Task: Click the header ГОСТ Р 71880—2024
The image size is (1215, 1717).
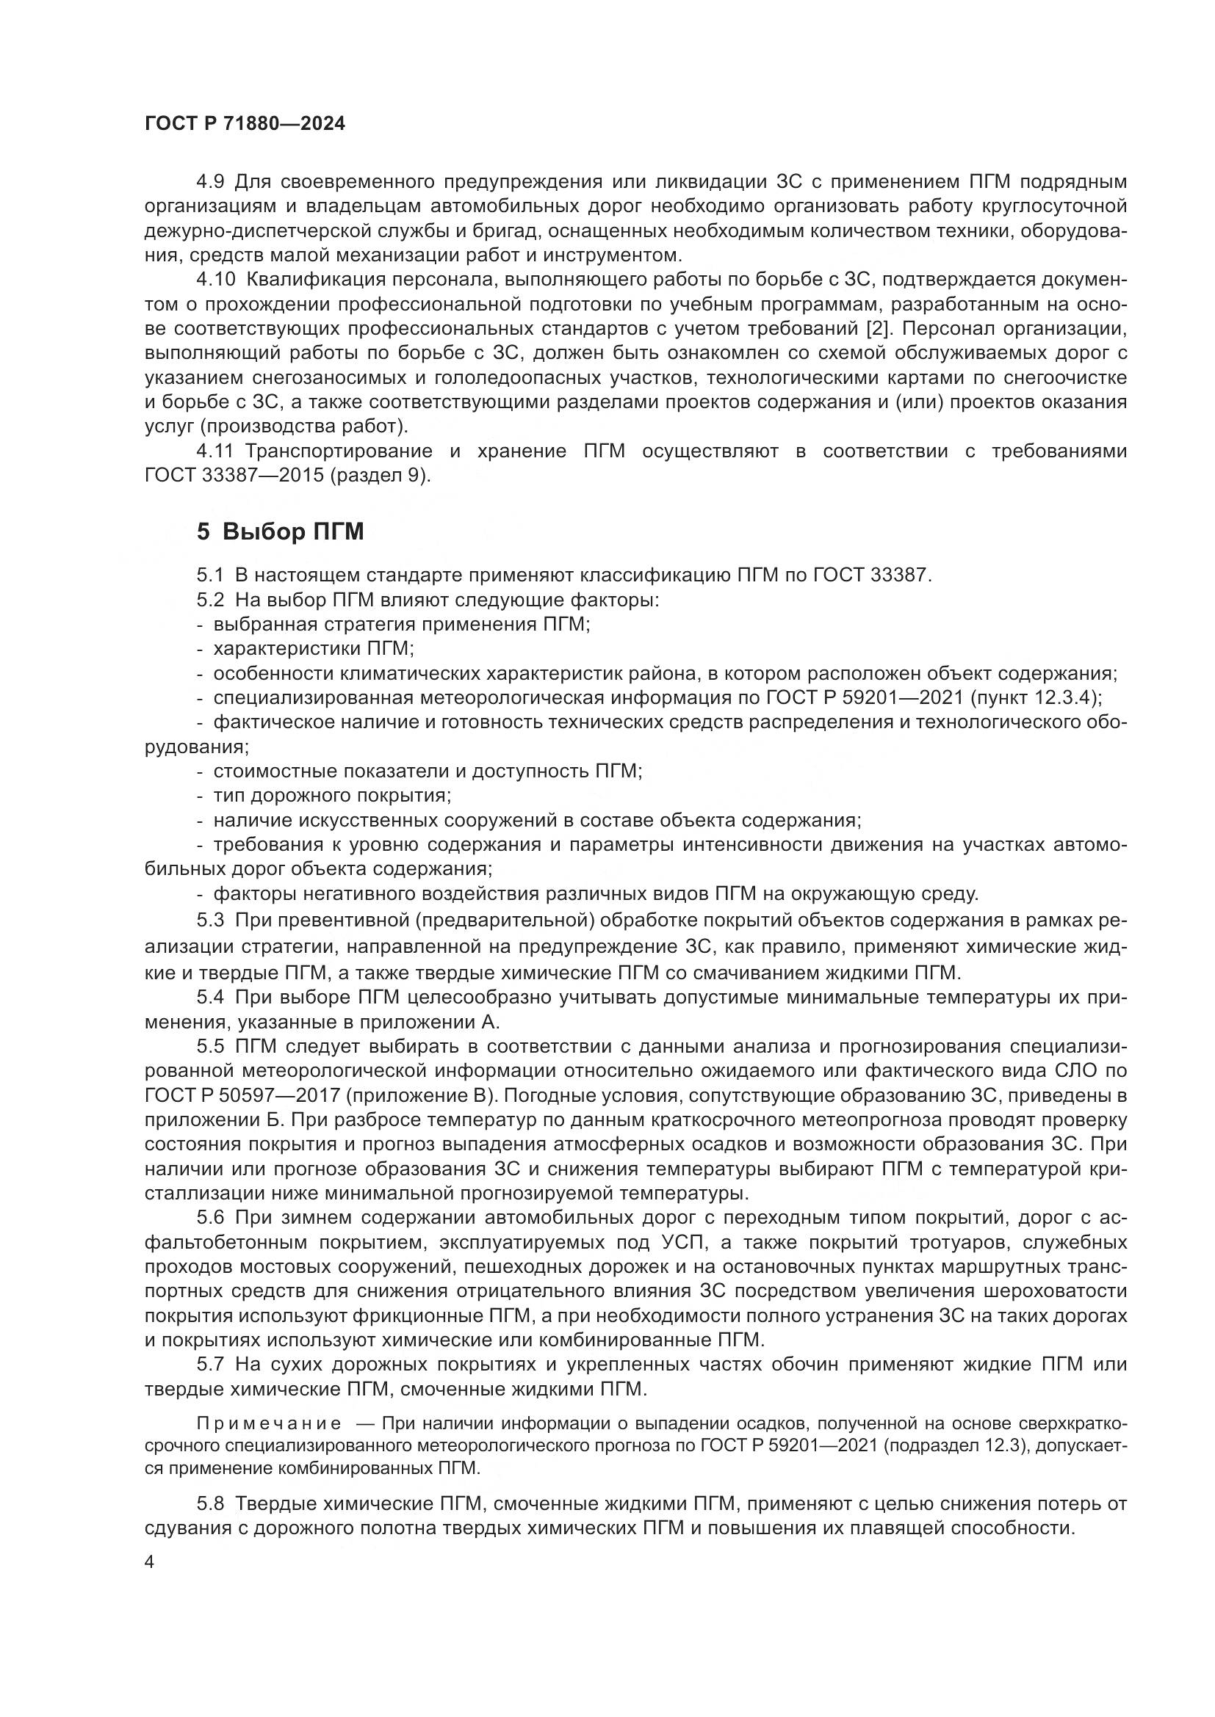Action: [245, 124]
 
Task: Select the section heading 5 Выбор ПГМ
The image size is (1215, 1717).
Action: [280, 531]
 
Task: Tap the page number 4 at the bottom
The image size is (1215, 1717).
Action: [150, 1563]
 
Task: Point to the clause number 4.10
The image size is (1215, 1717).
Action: [215, 280]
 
